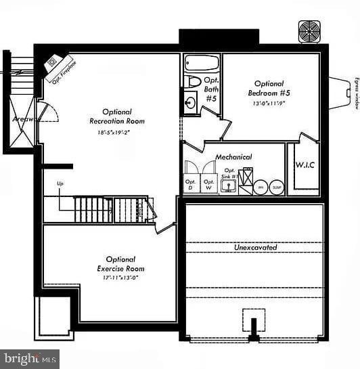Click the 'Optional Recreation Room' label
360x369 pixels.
(x=117, y=116)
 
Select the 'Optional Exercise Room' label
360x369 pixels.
(x=120, y=263)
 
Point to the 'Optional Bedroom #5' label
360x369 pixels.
(x=269, y=88)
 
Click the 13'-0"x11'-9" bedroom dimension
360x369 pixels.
(x=269, y=104)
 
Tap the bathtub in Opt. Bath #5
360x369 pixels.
(x=202, y=64)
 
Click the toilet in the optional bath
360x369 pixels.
(x=193, y=82)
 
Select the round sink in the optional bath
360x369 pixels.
(x=190, y=103)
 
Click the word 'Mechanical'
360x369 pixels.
(x=233, y=157)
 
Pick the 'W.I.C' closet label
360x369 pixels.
(x=304, y=165)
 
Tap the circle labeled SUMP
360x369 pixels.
(x=277, y=188)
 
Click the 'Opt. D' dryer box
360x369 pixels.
(x=191, y=183)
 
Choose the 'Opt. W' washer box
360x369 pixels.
(x=209, y=183)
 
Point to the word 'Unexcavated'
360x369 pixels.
(x=255, y=248)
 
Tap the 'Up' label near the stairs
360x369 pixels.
(x=60, y=184)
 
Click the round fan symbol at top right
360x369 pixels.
(x=309, y=31)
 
